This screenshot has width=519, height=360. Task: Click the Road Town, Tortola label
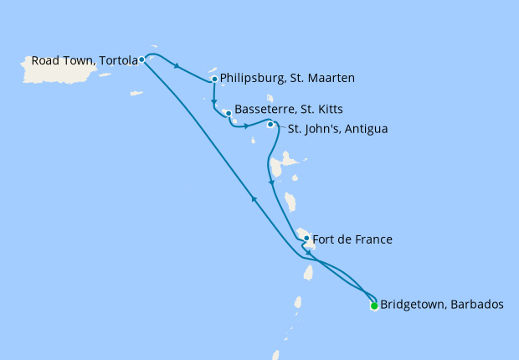(84, 61)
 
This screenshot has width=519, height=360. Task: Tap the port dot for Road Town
(142, 59)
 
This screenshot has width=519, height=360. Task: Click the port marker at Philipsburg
(215, 80)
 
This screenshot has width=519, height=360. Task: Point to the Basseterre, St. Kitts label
(289, 110)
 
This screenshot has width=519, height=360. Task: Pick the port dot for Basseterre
(228, 113)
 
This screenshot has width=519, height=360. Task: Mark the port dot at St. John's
(270, 125)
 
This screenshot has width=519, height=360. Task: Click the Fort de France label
(352, 240)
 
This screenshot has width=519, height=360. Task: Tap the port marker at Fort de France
(307, 239)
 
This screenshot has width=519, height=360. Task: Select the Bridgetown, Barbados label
(442, 305)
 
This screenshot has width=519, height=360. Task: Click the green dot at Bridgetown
(373, 306)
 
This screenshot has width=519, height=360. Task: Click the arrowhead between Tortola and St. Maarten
(177, 66)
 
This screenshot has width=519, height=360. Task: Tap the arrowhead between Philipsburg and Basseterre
(215, 96)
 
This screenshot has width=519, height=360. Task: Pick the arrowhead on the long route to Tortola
(254, 198)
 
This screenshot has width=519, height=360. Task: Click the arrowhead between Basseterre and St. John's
(246, 126)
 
